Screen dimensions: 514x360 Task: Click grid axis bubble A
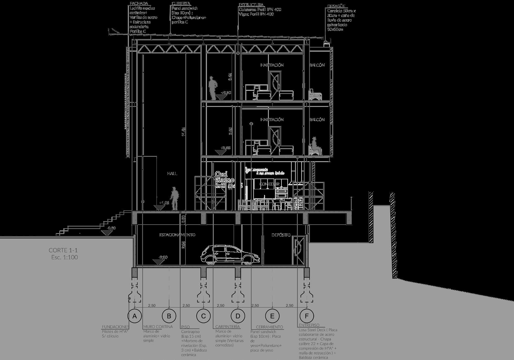134,316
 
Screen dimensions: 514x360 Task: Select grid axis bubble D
238,316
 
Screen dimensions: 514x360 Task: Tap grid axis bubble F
307,316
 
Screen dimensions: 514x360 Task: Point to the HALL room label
172,174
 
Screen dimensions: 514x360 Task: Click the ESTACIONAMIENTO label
177,235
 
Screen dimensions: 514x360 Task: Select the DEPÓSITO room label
281,235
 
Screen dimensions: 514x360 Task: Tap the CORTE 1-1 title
63,250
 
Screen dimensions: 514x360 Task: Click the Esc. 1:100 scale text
65,257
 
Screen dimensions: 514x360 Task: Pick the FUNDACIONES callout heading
115,327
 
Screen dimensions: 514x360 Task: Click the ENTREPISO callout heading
309,325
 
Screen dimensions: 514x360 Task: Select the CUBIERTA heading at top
181,3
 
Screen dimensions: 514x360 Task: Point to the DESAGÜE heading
336,6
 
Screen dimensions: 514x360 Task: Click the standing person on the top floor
212,88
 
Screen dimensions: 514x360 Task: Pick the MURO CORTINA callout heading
158,327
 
